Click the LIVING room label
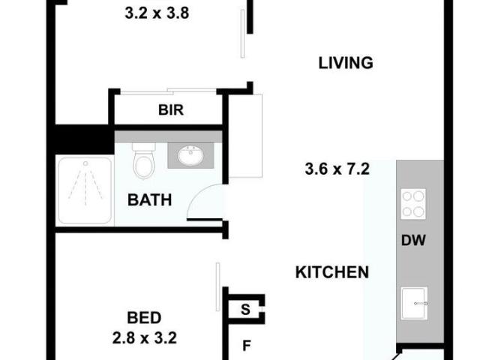345,63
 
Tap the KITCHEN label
331,272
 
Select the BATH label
149,200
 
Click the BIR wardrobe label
171,110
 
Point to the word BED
144,318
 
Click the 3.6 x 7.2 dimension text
337,169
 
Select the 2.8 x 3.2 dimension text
144,338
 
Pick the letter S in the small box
245,307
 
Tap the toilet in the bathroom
142,159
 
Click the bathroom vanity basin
190,156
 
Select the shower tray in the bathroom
85,190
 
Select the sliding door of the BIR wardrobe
169,91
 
